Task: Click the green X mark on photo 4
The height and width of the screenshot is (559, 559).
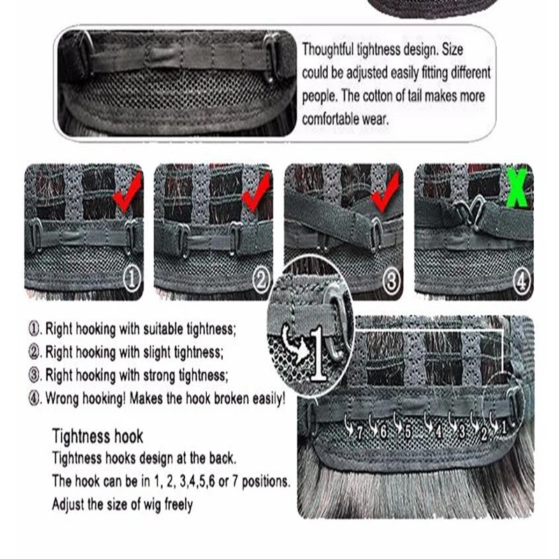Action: pyautogui.click(x=517, y=187)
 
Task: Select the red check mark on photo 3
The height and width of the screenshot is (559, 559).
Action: pyautogui.click(x=386, y=191)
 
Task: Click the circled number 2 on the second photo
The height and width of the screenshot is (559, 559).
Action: pyautogui.click(x=261, y=280)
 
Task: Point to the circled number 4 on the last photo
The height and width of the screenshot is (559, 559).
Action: pyautogui.click(x=521, y=282)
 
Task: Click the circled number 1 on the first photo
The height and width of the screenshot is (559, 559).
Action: pyautogui.click(x=131, y=279)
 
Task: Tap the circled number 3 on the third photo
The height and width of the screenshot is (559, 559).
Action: pyautogui.click(x=392, y=281)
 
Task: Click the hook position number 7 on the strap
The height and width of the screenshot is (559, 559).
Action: pyautogui.click(x=360, y=433)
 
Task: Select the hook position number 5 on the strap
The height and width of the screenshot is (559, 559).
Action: pyautogui.click(x=408, y=432)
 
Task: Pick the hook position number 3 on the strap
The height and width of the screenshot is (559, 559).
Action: pyautogui.click(x=462, y=431)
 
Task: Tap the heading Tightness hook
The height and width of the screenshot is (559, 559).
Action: pyautogui.click(x=97, y=436)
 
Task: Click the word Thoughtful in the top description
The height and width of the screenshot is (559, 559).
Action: pyautogui.click(x=328, y=49)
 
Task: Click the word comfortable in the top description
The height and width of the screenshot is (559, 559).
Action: pyautogui.click(x=330, y=119)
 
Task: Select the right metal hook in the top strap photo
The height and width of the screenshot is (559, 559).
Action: pyautogui.click(x=270, y=57)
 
